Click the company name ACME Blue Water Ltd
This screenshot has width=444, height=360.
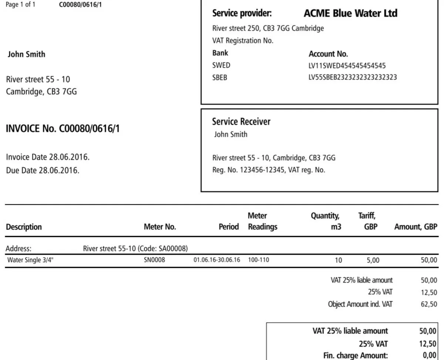click(x=350, y=14)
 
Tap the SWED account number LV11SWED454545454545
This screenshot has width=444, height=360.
click(x=347, y=65)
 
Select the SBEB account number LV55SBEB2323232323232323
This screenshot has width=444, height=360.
click(x=353, y=78)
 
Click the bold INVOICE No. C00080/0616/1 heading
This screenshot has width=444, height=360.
click(x=63, y=129)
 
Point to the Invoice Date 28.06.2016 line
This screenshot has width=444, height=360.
click(x=48, y=157)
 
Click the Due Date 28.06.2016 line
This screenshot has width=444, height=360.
click(x=43, y=171)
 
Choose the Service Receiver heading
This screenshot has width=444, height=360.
click(x=241, y=121)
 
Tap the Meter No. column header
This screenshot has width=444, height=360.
click(x=159, y=227)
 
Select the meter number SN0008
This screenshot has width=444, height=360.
click(x=154, y=260)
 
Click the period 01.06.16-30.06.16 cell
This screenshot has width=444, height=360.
click(x=217, y=260)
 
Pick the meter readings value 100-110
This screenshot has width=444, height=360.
click(x=259, y=260)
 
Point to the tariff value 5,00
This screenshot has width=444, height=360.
click(x=373, y=260)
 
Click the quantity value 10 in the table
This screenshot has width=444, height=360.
click(x=338, y=260)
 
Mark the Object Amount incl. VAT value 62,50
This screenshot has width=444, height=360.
click(x=429, y=305)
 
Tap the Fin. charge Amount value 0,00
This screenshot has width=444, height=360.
click(x=429, y=356)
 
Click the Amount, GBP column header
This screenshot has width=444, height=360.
click(x=416, y=227)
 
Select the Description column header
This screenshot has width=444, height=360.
click(x=24, y=227)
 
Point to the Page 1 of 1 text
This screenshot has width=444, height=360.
click(x=21, y=6)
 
